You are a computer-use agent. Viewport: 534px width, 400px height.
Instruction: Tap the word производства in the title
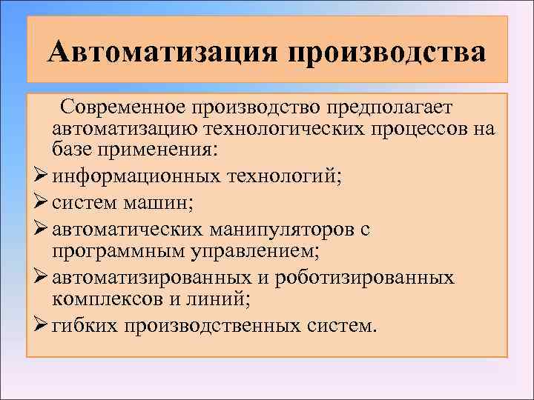coord(385,53)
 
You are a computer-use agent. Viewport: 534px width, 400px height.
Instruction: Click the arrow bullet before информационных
coord(41,177)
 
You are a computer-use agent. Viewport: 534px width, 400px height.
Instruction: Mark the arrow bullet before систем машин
coord(41,203)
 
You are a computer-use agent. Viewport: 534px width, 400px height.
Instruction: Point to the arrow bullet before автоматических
coord(41,229)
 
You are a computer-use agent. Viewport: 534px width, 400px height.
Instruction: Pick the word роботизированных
coord(363,279)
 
